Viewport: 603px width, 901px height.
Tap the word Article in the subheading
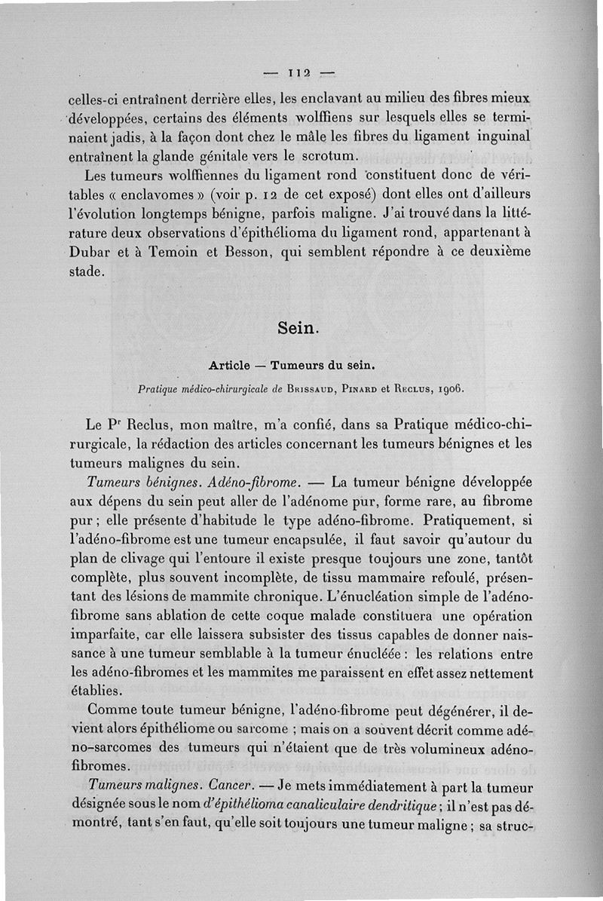click(229, 366)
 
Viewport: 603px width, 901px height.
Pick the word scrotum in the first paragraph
click(326, 157)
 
